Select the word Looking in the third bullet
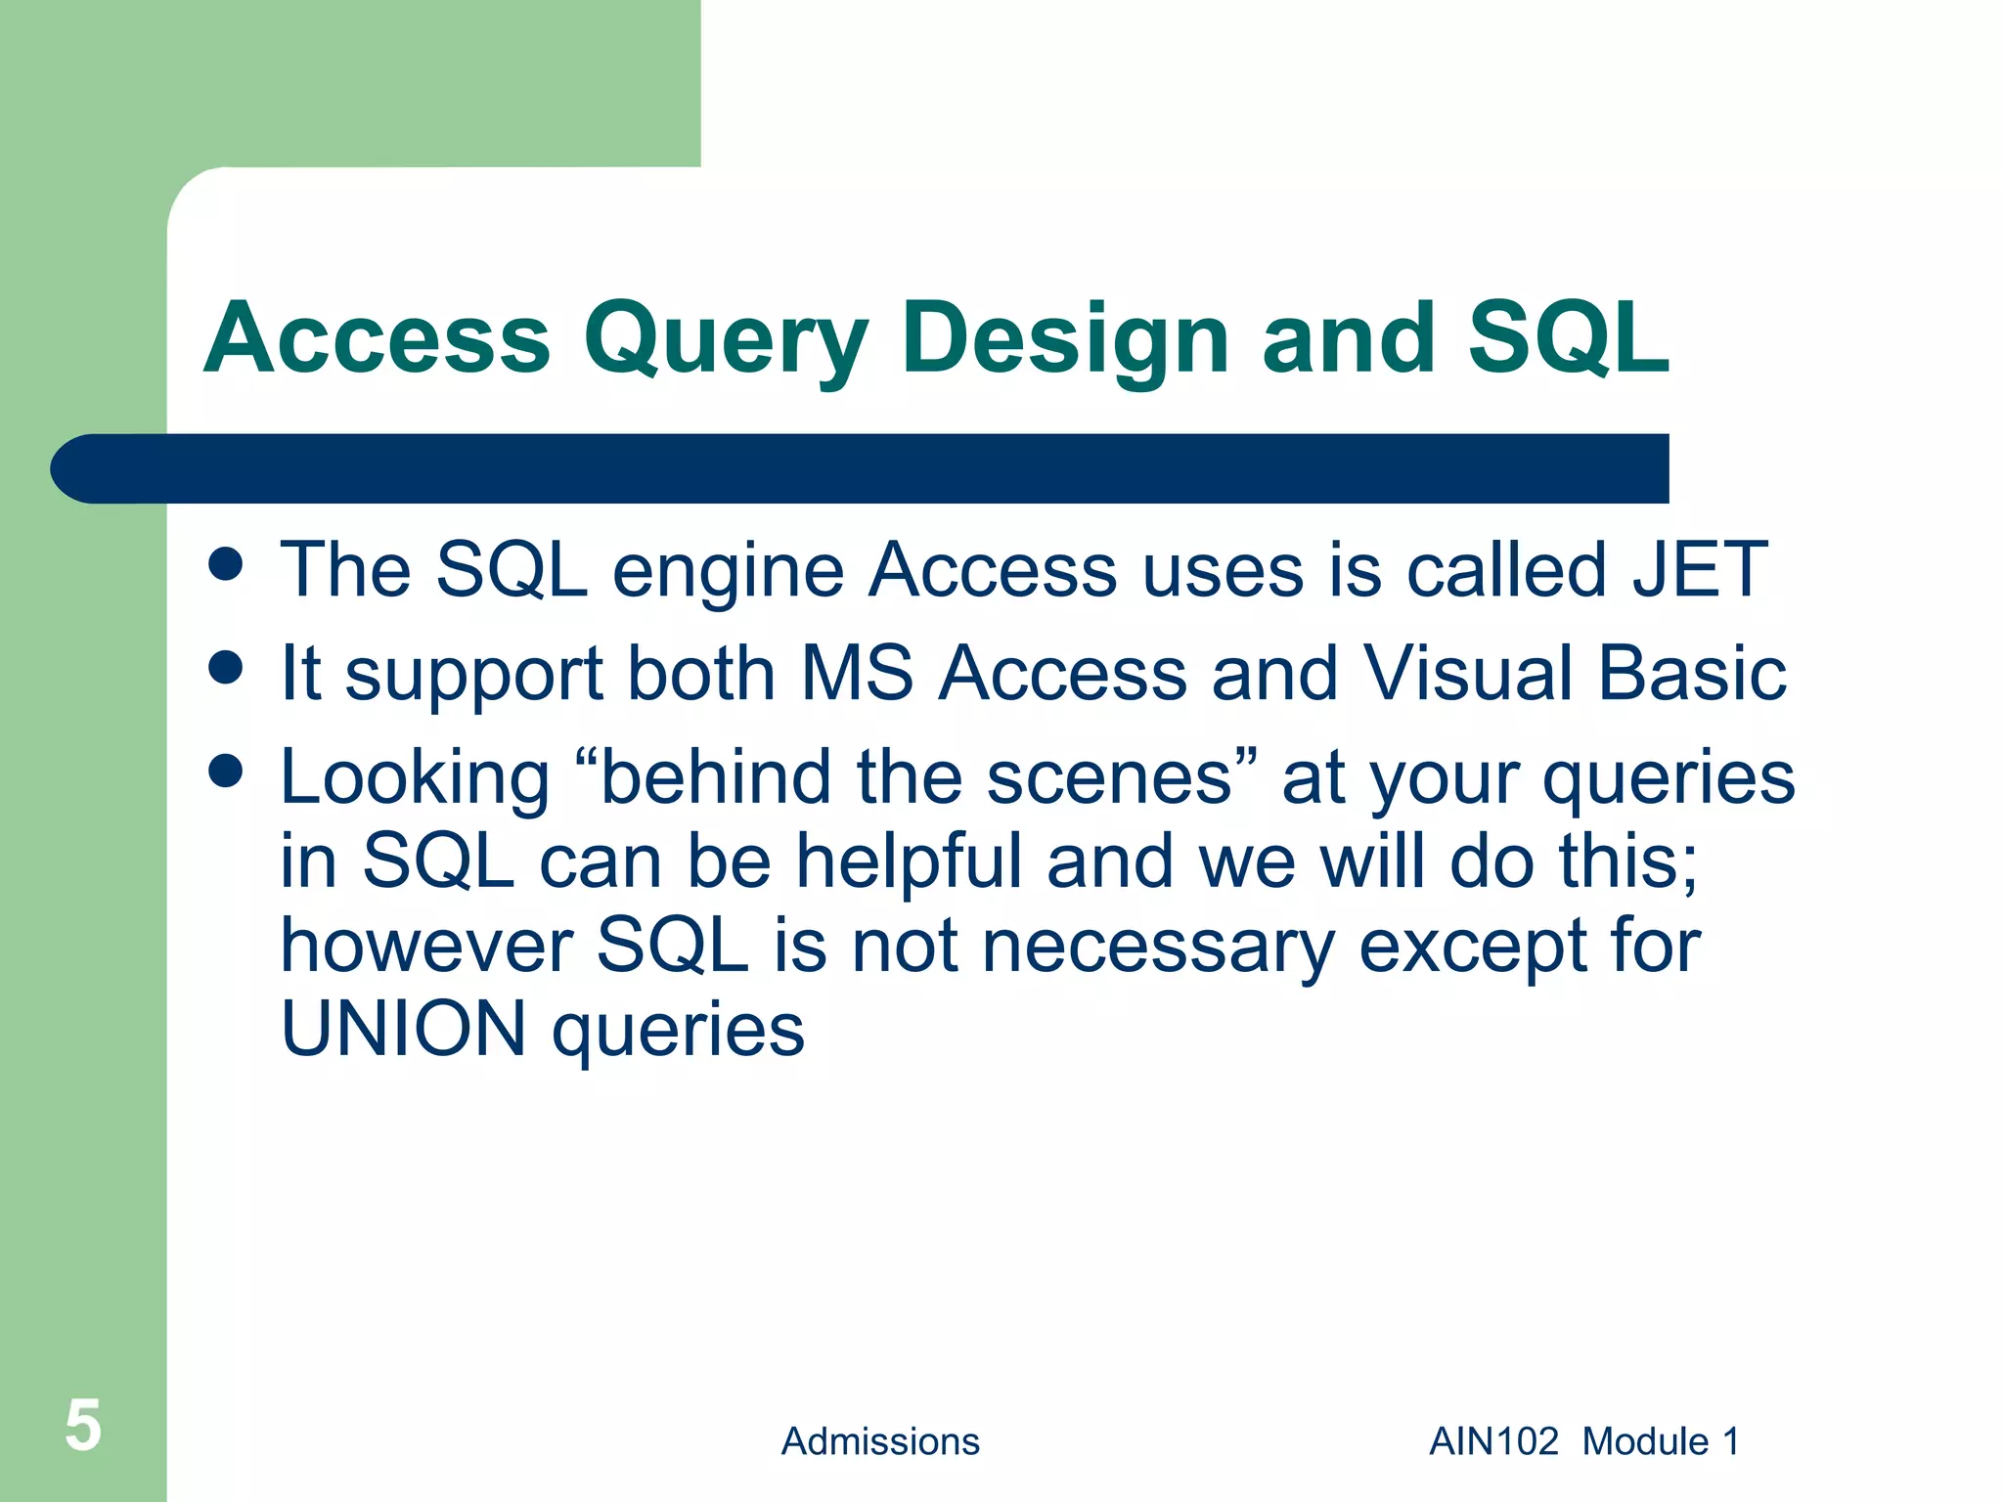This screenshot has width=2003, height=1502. coord(415,778)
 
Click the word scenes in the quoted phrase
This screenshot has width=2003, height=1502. coord(1109,778)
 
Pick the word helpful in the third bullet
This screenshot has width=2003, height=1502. coord(909,862)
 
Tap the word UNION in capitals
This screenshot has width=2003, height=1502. coord(403,1030)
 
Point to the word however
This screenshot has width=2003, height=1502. coord(426,946)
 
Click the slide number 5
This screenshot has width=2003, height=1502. coord(83,1426)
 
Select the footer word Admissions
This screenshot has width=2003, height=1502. coord(880,1441)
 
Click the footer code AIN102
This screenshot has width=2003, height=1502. coord(1493,1441)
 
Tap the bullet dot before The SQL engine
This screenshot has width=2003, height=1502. coord(226,564)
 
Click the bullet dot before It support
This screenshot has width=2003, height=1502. coord(226,668)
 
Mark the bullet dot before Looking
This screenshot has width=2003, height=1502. coord(226,771)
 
